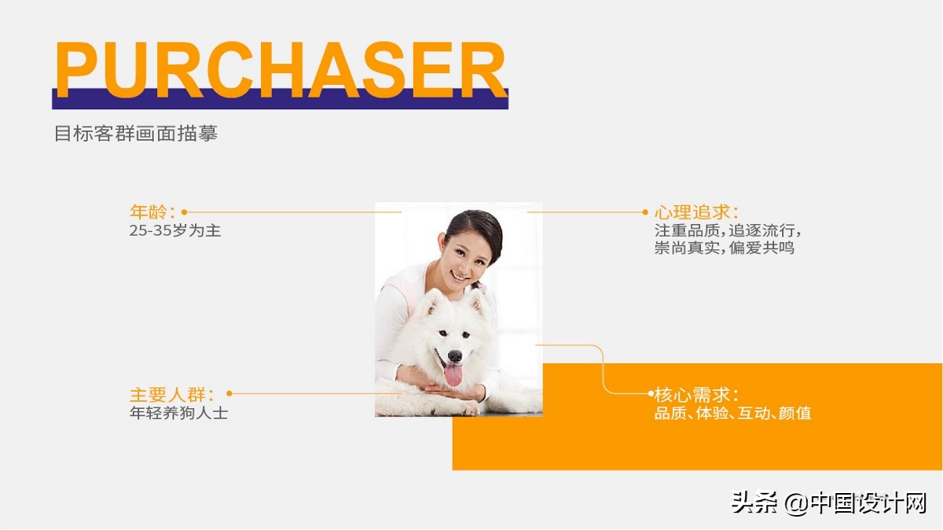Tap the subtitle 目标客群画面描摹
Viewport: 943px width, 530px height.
135,134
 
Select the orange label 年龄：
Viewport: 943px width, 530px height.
152,212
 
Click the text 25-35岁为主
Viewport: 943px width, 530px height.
175,231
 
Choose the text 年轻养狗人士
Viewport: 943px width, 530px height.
178,412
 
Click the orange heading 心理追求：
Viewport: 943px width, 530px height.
696,212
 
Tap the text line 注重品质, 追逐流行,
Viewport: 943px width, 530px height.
728,231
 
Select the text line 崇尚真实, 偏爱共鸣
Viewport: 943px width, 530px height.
725,248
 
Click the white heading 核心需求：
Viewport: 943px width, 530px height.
696,394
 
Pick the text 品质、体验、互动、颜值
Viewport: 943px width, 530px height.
732,413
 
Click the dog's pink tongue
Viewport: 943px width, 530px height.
453,374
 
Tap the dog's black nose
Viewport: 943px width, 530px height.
455,355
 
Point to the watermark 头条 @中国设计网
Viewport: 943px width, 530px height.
830,502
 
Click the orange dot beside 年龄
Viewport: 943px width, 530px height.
184,212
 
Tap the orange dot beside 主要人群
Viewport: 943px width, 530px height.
229,393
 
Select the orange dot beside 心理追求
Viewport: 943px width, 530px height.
646,212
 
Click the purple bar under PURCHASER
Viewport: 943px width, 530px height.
280,101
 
